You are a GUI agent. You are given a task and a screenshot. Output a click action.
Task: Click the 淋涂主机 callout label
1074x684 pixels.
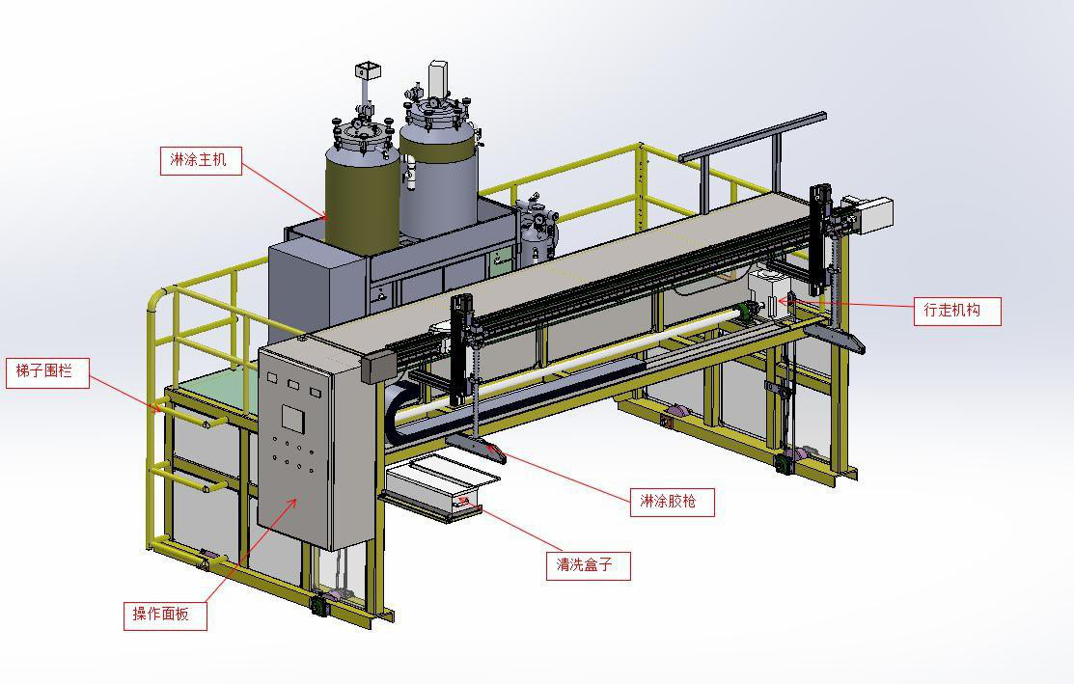[x=201, y=160]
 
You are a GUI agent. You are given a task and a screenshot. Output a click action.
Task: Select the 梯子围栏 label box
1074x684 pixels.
[x=47, y=372]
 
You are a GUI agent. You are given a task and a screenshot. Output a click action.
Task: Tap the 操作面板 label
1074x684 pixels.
[x=165, y=615]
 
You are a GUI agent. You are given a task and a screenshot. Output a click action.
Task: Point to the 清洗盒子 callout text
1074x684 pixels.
[x=588, y=565]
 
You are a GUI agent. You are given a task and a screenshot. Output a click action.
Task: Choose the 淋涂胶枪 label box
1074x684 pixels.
[x=672, y=502]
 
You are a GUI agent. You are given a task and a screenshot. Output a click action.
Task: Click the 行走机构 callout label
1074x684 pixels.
[x=957, y=311]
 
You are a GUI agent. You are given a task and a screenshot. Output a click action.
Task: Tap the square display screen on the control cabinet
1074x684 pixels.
[x=292, y=419]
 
